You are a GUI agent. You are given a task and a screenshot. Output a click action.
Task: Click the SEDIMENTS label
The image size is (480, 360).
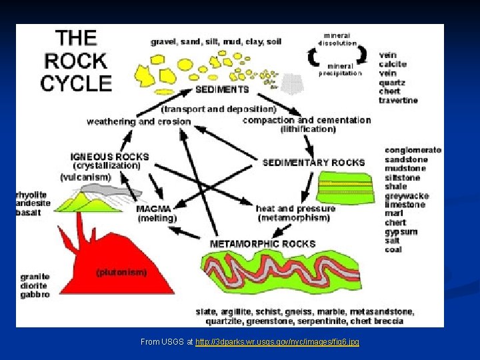point(222,89)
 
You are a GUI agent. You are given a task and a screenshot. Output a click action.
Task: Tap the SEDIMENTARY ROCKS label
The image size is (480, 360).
point(313,162)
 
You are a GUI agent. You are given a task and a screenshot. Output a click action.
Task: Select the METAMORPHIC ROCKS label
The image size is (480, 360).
point(263,244)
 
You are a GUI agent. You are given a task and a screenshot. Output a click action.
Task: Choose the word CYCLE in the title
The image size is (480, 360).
point(76,83)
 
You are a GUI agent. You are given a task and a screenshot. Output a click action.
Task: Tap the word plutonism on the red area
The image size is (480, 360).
point(121,272)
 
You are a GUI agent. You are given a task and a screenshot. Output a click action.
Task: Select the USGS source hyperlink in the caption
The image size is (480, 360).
point(277,342)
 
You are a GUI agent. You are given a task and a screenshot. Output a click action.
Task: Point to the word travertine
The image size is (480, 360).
point(398,100)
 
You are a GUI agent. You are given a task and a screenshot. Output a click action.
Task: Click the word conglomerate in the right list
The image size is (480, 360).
point(413,150)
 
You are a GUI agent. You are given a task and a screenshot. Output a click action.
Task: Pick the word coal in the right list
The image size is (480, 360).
point(393,249)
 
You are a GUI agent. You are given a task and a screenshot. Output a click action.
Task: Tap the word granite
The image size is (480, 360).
point(35,276)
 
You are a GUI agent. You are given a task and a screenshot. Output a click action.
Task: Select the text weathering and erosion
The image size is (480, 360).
point(138,121)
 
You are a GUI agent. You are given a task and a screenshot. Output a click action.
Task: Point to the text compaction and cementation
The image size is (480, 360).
point(307,120)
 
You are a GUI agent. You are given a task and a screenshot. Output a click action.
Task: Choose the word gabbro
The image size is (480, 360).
point(35,294)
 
